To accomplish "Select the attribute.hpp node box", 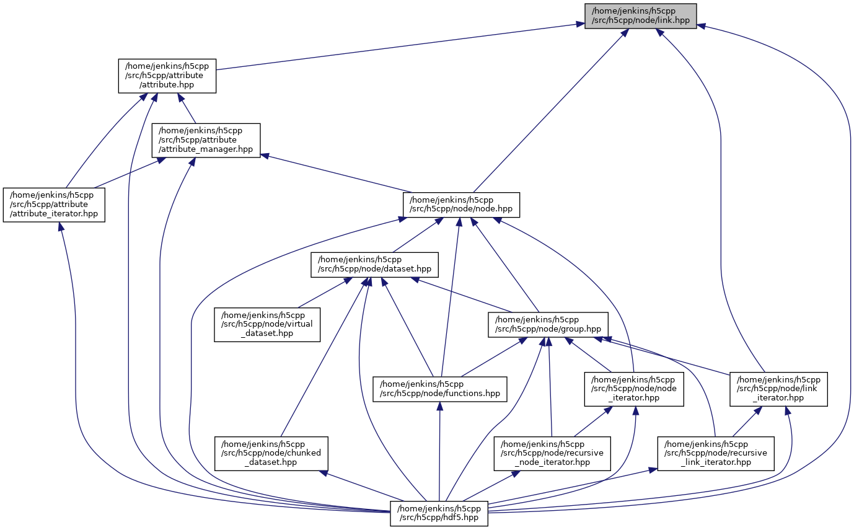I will pyautogui.click(x=167, y=76).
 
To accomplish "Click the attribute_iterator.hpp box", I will pyautogui.click(x=54, y=204).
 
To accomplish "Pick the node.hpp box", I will pyautogui.click(x=461, y=205).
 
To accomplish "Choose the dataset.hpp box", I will pyautogui.click(x=374, y=264).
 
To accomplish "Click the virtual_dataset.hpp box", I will pyautogui.click(x=267, y=324).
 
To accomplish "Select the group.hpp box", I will pyautogui.click(x=548, y=324).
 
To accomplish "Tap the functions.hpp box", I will pyautogui.click(x=439, y=389).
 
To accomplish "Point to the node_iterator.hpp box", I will pyautogui.click(x=634, y=389).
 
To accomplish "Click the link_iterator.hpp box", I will pyautogui.click(x=778, y=389).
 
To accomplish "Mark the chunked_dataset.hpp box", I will pyautogui.click(x=271, y=453).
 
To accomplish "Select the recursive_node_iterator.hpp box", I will pyautogui.click(x=552, y=453).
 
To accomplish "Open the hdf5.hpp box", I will pyautogui.click(x=439, y=513).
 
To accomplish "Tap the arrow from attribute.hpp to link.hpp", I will pyautogui.click(x=397, y=46).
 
